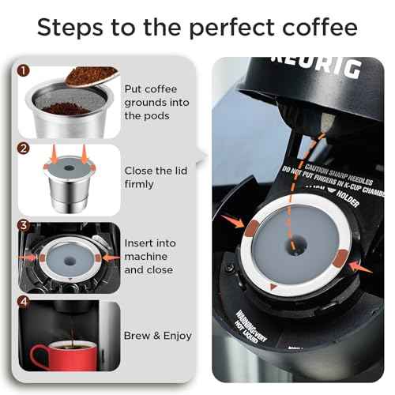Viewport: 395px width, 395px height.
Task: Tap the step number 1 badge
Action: pos(24,70)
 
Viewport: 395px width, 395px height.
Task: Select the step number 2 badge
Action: pos(24,149)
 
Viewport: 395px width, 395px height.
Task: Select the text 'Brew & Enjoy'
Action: pos(157,336)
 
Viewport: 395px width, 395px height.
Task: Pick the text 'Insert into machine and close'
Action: pos(150,257)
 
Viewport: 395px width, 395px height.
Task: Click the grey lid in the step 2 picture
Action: pos(69,168)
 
